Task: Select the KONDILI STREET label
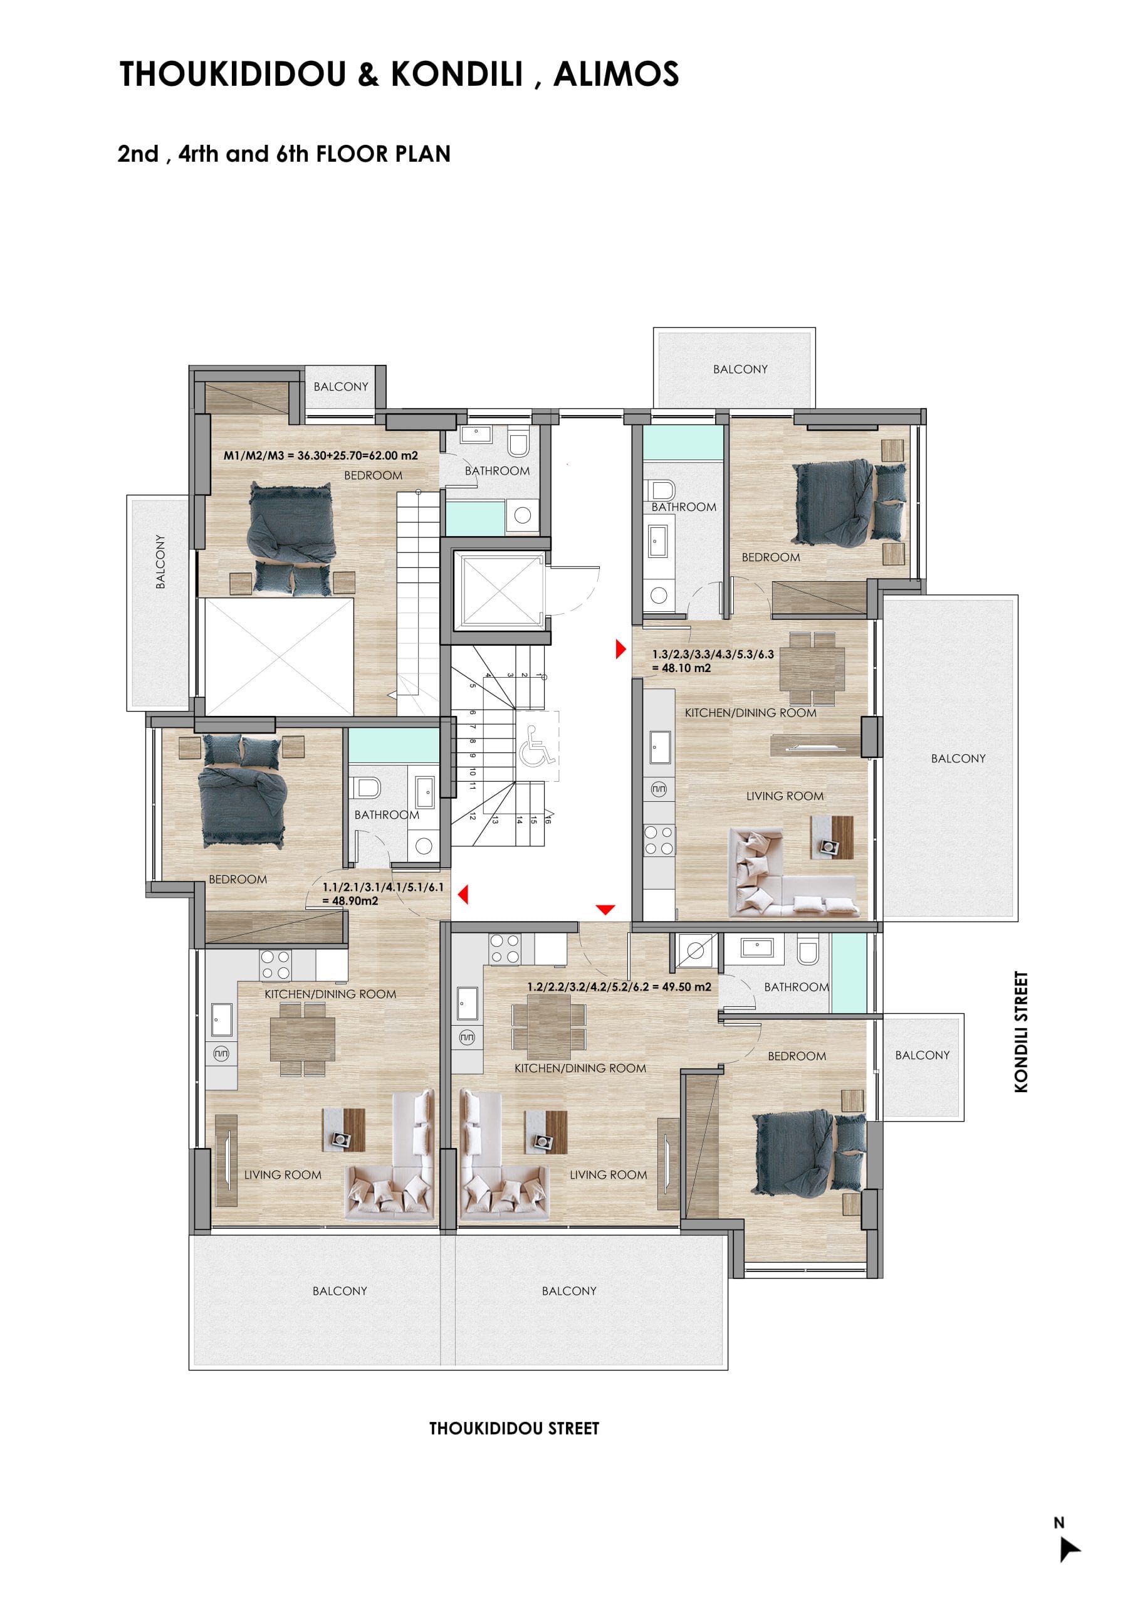coord(1021,1032)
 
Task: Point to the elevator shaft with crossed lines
coord(499,590)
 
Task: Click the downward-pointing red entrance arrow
coord(605,910)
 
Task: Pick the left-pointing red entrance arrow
coord(463,893)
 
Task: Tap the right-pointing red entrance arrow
coord(620,650)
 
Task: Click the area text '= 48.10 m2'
coord(681,668)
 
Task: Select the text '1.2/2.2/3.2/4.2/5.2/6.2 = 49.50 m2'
coord(619,987)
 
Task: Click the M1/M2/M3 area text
coord(321,456)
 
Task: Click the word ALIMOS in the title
coord(615,74)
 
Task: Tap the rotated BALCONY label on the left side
coord(160,562)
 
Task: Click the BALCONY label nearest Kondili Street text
coord(923,1055)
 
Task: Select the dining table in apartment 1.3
coord(812,668)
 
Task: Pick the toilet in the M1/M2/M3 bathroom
coord(518,443)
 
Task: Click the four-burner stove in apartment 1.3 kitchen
coord(659,840)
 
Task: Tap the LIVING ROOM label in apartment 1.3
coord(785,796)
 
